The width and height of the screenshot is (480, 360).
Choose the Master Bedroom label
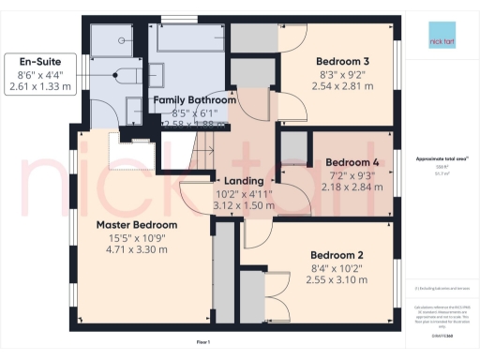coord(136,226)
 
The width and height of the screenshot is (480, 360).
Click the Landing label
coord(235,181)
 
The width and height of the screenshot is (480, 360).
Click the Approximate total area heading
coord(439,158)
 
